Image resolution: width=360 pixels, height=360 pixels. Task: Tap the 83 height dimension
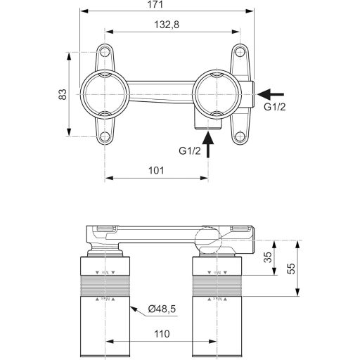[62, 93]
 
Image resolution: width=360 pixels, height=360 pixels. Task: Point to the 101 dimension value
[156, 170]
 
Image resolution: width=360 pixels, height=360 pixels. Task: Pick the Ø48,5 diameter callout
[162, 308]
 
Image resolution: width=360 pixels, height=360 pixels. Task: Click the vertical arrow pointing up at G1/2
[208, 147]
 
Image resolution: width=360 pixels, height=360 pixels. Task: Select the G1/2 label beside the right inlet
[274, 108]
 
